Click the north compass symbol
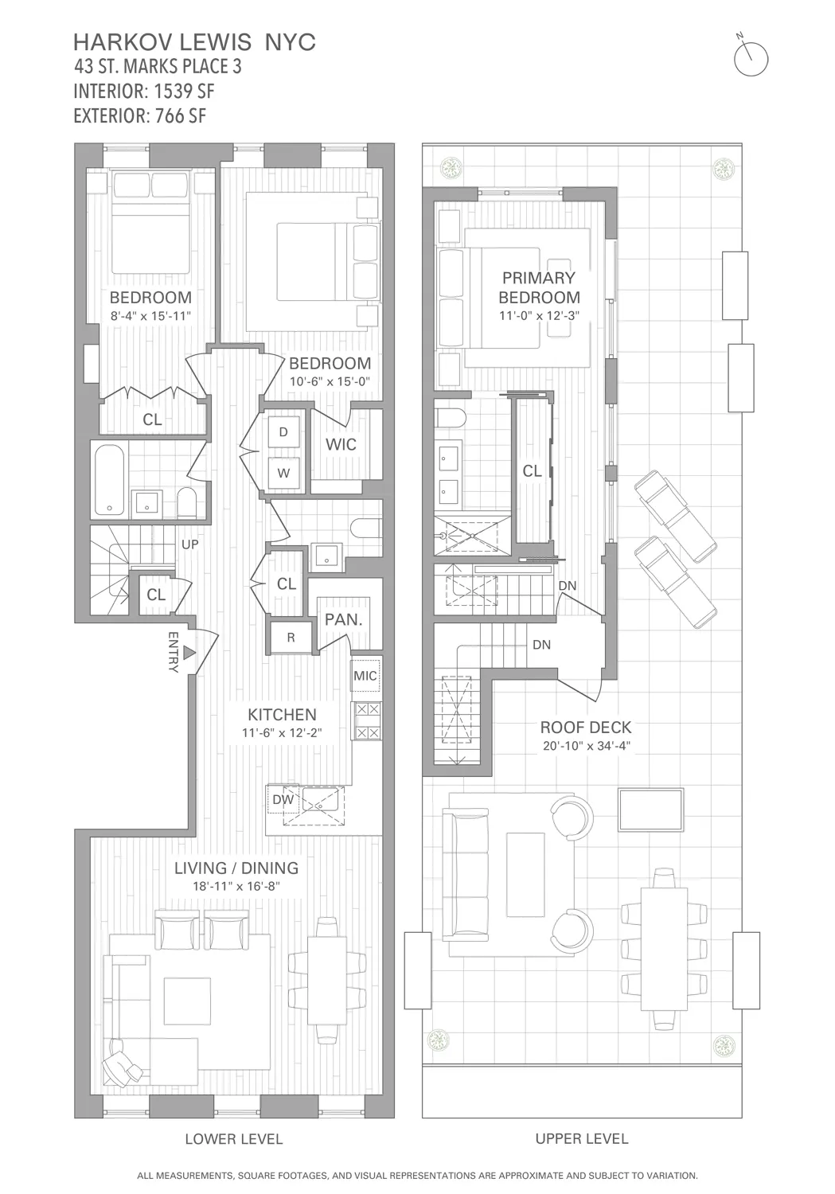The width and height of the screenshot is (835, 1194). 750,57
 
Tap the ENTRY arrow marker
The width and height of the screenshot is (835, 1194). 189,653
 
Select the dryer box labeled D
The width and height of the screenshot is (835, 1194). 283,432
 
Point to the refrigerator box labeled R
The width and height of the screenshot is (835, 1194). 291,637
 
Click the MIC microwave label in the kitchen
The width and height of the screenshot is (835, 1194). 365,676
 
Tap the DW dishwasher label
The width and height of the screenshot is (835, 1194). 283,799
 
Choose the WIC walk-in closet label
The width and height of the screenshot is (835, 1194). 341,444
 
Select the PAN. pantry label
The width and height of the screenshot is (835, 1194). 344,618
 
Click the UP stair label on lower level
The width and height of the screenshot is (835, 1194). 190,545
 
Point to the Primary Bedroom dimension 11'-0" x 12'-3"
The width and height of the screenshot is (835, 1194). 539,315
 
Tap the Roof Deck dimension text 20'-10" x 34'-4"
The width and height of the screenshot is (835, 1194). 586,746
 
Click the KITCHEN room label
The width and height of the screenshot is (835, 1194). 282,715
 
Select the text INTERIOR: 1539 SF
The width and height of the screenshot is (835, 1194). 144,91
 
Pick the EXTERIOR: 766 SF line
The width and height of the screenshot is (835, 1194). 140,115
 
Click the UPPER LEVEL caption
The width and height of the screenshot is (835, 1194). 582,1139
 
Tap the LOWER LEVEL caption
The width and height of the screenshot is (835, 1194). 234,1139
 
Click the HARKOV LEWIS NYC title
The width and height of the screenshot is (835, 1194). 194,42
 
